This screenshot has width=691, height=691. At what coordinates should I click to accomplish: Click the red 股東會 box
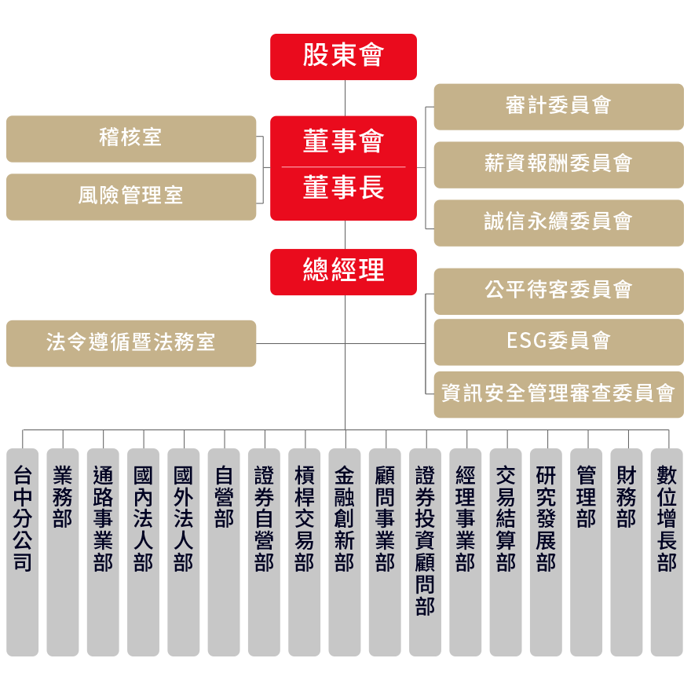[343, 57]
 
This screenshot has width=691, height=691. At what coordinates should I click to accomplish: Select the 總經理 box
[343, 272]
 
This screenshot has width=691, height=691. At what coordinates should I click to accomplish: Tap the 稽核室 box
[131, 139]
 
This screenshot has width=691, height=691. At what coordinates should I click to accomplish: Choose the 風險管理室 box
[131, 197]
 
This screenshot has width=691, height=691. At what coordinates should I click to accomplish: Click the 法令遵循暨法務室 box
[131, 343]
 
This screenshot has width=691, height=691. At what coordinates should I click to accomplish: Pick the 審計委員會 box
[559, 107]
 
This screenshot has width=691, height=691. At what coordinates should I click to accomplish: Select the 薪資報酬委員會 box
[559, 165]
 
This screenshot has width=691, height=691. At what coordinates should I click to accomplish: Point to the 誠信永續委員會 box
[559, 223]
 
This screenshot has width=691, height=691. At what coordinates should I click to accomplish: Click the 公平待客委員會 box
[559, 291]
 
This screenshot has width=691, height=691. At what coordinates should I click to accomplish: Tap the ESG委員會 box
[559, 342]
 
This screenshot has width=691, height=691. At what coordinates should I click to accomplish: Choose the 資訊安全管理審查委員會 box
[559, 394]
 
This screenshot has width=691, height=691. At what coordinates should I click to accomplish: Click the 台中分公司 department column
[23, 552]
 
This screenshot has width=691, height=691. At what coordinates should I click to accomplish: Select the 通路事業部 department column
[103, 552]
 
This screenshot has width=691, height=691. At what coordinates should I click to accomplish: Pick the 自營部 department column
[224, 552]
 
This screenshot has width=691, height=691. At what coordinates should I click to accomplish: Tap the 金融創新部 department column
[345, 552]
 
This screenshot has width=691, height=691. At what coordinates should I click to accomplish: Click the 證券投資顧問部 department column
[426, 552]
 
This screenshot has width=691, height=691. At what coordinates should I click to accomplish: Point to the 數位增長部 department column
[667, 552]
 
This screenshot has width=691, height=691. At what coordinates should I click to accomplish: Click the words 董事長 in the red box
[343, 188]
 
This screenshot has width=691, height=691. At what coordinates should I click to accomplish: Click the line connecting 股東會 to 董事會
[345, 98]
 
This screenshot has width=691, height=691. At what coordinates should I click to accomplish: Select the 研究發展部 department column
[546, 552]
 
